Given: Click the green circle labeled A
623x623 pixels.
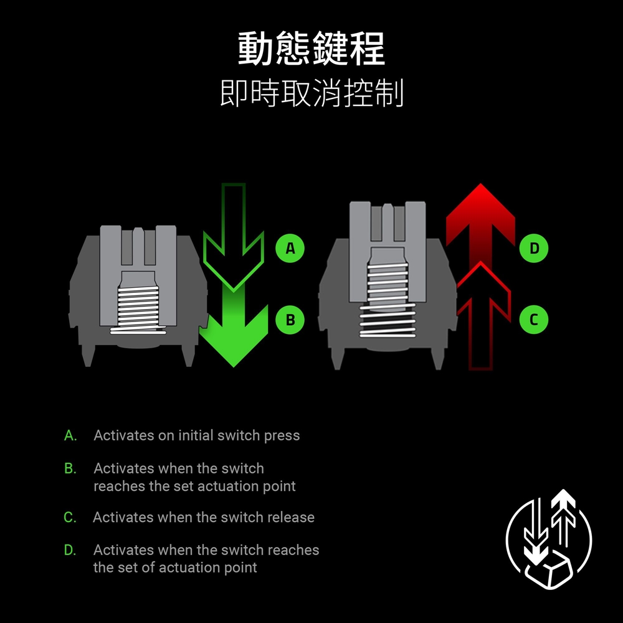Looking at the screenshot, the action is coord(290,249).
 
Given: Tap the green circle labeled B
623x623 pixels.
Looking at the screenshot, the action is coord(290,320).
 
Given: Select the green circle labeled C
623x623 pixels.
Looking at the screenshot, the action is coord(534,320).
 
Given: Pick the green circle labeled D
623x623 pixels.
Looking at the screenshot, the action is coord(534,249).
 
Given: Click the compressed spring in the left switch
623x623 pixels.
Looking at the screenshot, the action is coord(138,310).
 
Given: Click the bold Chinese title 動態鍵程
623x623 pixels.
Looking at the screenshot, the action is coord(311,49).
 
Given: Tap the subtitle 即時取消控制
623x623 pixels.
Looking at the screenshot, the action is coord(312,93).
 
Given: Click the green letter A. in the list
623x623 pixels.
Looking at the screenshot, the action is coord(70,435).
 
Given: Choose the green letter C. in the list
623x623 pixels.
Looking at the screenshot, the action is coord(70,517).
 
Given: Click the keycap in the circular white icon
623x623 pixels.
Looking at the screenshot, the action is coord(549,569).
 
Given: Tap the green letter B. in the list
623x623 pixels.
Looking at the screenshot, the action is coord(70,468).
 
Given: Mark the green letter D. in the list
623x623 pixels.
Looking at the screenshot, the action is coord(70,550).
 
